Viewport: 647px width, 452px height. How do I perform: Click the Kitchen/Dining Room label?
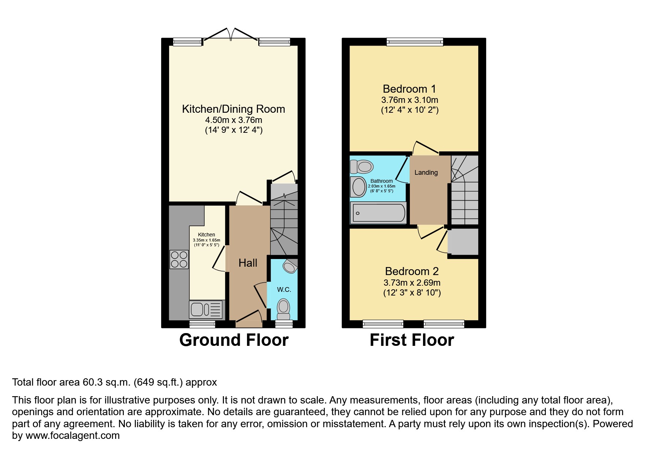233,109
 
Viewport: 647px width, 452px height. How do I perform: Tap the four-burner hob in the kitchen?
179,259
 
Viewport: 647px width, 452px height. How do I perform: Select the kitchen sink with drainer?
206,310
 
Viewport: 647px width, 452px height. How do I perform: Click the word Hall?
248,263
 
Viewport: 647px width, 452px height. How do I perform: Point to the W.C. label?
284,290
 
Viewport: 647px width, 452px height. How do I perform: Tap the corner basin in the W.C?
290,266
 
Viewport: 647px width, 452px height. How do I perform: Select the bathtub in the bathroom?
378,213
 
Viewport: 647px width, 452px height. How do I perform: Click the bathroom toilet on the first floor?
362,167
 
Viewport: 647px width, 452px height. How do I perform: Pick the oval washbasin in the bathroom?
359,187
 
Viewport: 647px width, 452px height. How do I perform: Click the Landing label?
426,173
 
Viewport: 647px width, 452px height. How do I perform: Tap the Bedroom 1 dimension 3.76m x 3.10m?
410,100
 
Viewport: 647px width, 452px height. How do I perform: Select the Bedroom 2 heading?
412,271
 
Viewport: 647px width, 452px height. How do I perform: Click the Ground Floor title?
234,340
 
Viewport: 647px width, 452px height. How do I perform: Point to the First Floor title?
412,340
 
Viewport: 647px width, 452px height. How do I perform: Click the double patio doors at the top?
231,35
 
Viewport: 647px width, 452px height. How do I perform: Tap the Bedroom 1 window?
415,42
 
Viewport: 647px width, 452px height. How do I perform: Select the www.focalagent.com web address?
72,436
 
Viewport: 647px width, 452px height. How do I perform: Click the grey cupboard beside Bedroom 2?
463,242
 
